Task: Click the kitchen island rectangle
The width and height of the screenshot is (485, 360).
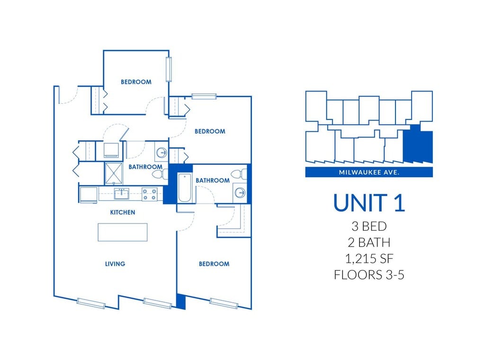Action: (122, 232)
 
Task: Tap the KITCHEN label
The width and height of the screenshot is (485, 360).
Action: (123, 212)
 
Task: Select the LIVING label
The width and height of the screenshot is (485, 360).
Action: (115, 264)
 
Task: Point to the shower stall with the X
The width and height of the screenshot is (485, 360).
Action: (113, 172)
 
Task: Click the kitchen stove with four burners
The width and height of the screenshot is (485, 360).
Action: (150, 194)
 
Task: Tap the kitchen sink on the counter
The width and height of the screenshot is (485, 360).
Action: (121, 194)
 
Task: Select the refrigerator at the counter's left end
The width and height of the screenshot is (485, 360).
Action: (89, 195)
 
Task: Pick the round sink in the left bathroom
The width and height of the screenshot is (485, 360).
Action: (162, 153)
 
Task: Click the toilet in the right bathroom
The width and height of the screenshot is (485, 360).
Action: (242, 173)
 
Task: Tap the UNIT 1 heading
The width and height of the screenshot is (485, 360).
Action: (369, 202)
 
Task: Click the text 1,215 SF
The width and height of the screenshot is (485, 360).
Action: (369, 259)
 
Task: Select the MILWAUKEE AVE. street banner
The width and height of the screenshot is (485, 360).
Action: (369, 172)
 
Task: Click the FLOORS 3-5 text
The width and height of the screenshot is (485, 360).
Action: (369, 275)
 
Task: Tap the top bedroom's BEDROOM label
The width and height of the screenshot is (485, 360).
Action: (136, 82)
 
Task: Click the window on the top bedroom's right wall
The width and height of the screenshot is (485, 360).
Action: (168, 69)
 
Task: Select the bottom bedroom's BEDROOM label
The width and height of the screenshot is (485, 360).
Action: (214, 264)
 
